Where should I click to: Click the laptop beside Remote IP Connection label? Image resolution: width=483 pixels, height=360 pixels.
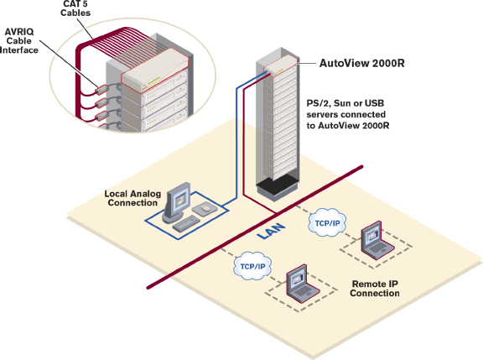pyautogui.click(x=299, y=283)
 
